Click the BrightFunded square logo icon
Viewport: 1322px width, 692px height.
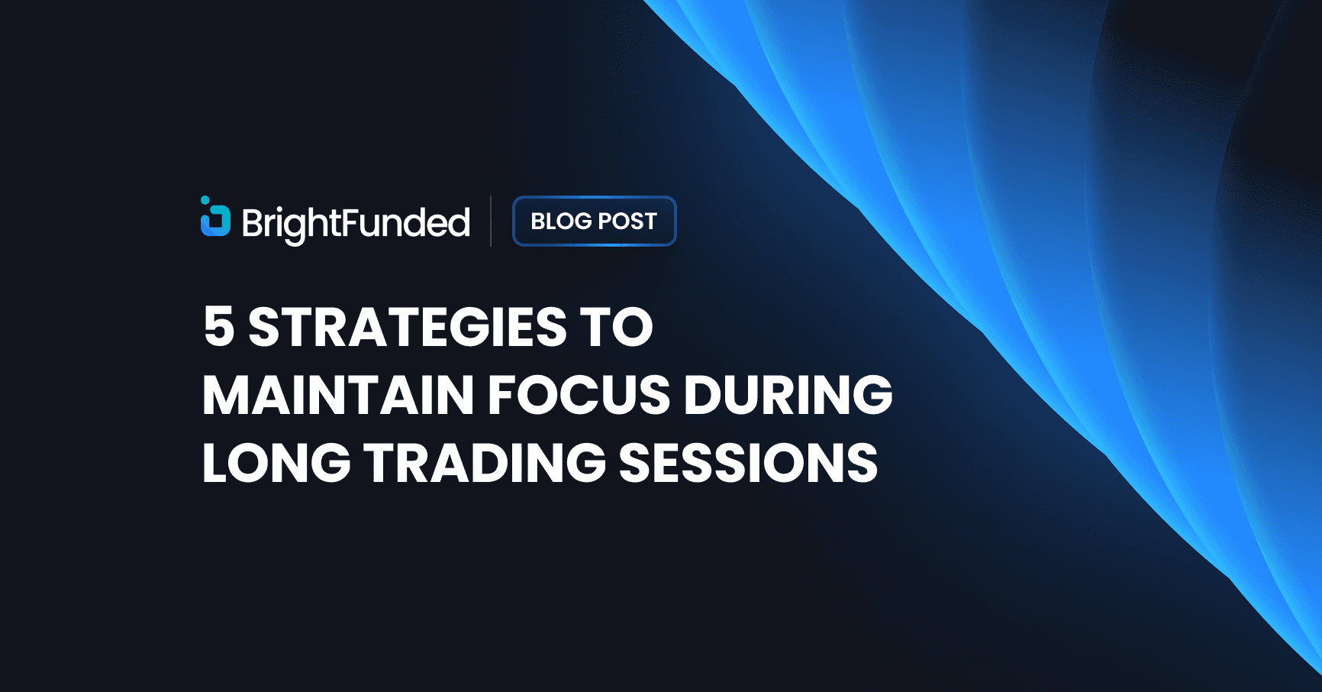(x=216, y=221)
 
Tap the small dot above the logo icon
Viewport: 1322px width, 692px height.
(x=205, y=200)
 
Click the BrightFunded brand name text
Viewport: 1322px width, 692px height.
(x=356, y=223)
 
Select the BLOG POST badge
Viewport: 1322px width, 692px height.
(x=594, y=222)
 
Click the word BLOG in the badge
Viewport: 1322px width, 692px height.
(x=561, y=222)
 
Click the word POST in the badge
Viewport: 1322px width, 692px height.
(x=627, y=222)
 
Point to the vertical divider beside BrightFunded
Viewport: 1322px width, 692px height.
(x=491, y=222)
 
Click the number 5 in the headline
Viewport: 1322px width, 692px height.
(x=218, y=327)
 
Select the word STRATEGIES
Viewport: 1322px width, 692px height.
(x=407, y=327)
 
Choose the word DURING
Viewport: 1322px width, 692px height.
(x=788, y=395)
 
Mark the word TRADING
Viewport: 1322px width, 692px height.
(x=485, y=463)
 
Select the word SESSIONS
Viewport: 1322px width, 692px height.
(x=748, y=463)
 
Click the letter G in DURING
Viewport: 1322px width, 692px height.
(x=869, y=395)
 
